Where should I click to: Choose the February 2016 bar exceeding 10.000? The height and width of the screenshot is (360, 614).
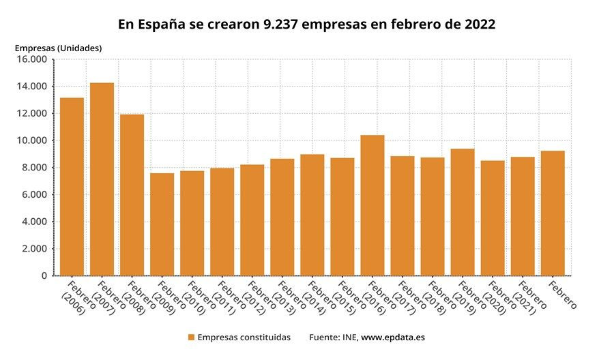(x=372, y=205)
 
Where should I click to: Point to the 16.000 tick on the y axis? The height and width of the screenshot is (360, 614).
(x=31, y=59)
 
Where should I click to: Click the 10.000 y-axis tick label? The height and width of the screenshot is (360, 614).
(x=31, y=140)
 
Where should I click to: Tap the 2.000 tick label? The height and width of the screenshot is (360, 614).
(x=34, y=249)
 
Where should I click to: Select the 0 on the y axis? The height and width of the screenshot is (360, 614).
(x=43, y=276)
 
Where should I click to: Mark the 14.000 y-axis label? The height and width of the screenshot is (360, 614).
(x=31, y=87)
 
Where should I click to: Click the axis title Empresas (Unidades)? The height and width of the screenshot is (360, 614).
(x=58, y=48)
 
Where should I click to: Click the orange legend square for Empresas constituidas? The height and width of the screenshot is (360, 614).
(x=191, y=337)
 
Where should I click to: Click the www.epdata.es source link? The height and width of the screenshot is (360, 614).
(x=393, y=337)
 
